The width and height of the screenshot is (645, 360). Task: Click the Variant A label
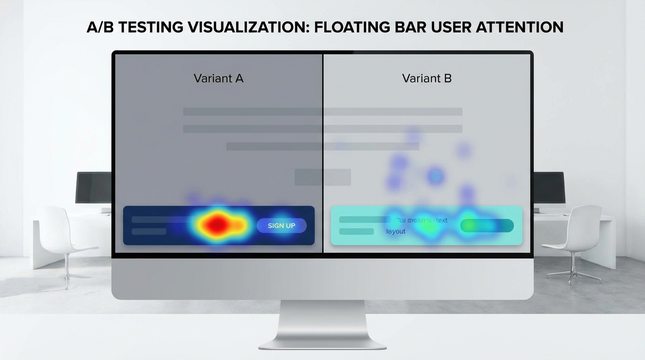point(218,78)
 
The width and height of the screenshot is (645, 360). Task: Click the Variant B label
point(427,78)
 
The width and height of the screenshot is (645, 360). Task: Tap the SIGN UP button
point(281,225)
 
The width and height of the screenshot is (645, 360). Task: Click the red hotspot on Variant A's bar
point(216,225)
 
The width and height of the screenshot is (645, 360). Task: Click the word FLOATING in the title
point(352,27)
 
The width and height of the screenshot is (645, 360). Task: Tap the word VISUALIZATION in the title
point(247,27)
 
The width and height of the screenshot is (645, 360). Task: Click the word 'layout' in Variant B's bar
point(396,232)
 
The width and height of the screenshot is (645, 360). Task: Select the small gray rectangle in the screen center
point(322,177)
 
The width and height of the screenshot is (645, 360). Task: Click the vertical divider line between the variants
point(323,155)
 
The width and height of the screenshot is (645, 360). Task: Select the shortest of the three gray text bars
point(322,146)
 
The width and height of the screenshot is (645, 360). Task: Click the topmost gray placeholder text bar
point(322,112)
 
